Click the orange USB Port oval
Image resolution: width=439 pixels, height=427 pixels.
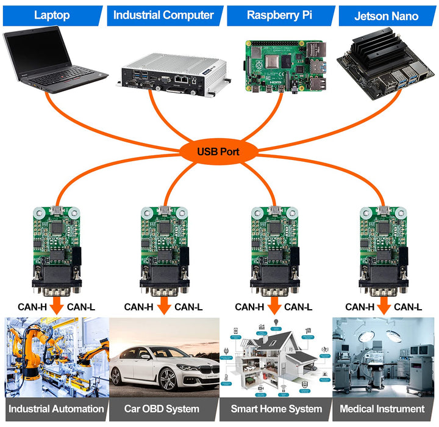218,151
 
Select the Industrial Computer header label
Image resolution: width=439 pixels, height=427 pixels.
163,15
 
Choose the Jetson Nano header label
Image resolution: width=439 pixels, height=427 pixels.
386,16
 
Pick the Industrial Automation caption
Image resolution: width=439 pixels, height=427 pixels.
56,409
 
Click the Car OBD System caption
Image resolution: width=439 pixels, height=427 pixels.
162,409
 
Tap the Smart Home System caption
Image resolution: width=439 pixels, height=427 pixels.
276,409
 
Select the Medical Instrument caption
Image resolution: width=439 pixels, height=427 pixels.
382,409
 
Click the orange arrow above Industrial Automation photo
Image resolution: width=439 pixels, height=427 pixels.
57,305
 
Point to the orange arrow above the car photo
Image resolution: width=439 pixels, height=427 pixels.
164,305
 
